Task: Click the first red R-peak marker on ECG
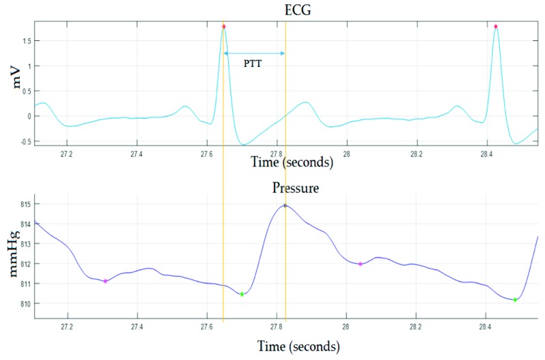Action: click(x=223, y=27)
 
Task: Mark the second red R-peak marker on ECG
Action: click(x=496, y=27)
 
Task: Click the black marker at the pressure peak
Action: click(x=285, y=205)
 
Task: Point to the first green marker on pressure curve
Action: click(x=242, y=294)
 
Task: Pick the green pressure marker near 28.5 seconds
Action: click(x=515, y=300)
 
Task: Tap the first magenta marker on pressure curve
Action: click(x=105, y=281)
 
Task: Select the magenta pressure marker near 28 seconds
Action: click(x=360, y=264)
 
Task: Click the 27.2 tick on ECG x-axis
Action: click(x=67, y=154)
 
